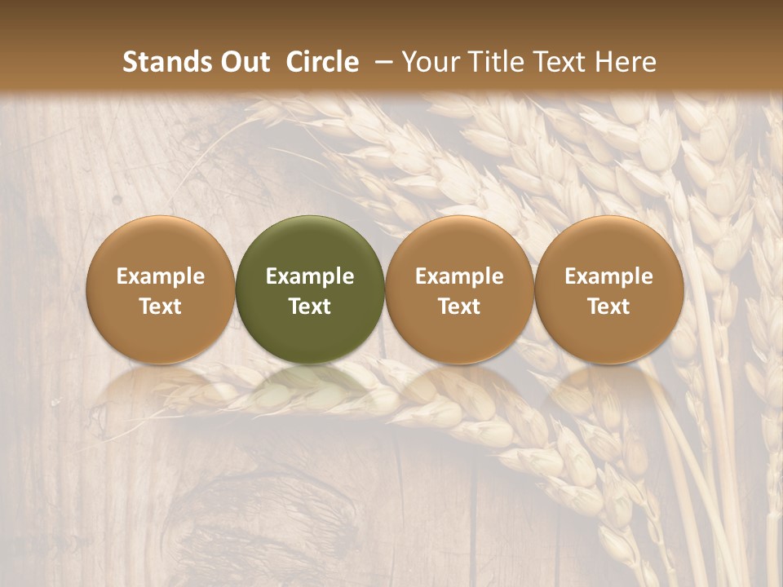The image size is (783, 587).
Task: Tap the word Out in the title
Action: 245,62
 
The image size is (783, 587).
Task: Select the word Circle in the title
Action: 322,62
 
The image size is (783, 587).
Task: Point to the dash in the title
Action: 379,62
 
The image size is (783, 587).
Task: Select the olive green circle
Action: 310,245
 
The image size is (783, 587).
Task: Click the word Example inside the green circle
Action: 310,276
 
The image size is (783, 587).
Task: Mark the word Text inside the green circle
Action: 310,307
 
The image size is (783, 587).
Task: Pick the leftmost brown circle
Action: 160,245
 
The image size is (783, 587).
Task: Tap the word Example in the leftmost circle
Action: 160,276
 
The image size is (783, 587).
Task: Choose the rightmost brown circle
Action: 609,245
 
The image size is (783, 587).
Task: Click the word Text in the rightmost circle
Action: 609,307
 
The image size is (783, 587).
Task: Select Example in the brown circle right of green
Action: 459,276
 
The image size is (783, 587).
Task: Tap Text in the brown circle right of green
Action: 459,307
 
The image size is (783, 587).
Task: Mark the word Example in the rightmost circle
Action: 609,276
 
